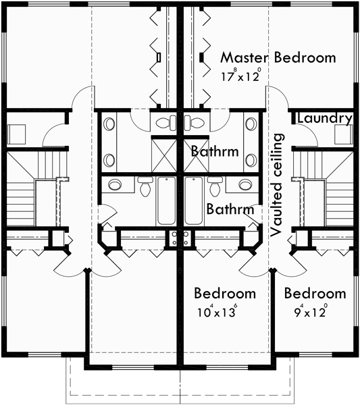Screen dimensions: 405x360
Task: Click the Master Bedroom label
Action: point(278,57)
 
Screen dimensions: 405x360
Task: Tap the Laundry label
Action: point(325,119)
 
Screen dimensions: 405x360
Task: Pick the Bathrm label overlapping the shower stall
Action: point(214,151)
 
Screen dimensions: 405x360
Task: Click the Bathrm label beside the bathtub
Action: point(230,209)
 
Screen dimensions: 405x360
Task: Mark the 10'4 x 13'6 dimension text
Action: point(215,313)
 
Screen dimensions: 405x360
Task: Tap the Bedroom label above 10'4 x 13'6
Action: point(225,294)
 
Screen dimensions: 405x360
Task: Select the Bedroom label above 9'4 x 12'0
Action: point(315,294)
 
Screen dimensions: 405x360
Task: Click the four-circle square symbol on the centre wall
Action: point(180,237)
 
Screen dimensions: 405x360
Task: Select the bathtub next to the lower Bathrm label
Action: point(193,201)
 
